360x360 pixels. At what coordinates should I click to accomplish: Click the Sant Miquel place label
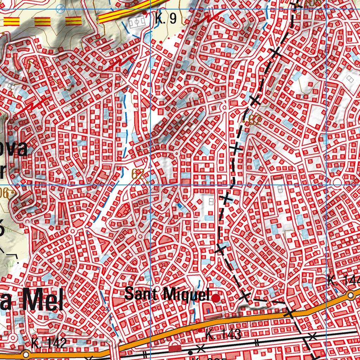(167, 294)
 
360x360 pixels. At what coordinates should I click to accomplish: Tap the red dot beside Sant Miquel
(216, 298)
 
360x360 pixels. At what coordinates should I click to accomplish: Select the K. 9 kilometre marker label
(165, 19)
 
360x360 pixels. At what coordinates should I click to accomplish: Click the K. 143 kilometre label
(223, 334)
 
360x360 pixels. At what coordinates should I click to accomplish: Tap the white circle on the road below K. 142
(26, 353)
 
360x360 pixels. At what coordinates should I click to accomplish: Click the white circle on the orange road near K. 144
(351, 295)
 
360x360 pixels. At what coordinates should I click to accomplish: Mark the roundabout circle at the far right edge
(337, 182)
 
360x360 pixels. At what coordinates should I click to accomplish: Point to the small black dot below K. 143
(190, 352)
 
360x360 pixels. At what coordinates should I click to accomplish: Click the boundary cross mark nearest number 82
(256, 101)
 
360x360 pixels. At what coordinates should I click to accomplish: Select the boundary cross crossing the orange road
(289, 313)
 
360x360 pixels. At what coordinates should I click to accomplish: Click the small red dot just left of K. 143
(200, 330)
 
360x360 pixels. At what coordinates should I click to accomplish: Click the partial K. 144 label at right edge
(343, 281)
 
